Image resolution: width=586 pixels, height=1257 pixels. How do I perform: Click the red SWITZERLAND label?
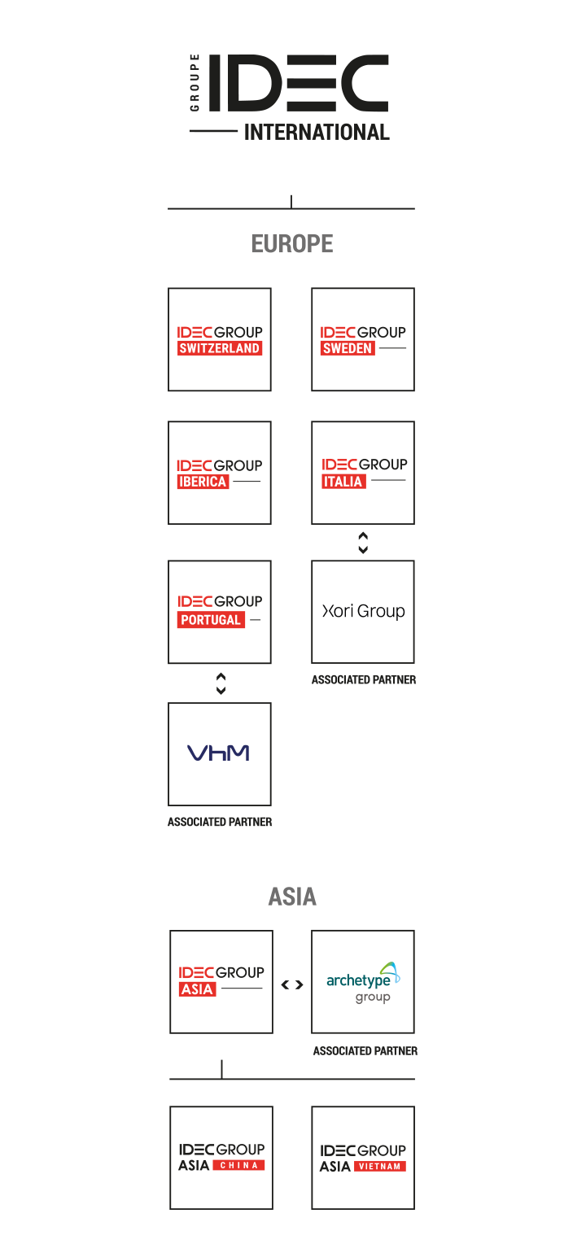(x=220, y=348)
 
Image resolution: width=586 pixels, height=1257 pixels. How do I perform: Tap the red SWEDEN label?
(x=348, y=348)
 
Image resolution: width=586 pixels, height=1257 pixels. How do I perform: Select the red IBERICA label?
(x=203, y=482)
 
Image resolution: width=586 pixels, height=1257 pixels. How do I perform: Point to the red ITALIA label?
(x=343, y=482)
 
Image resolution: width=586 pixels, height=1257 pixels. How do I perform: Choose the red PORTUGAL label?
(x=210, y=620)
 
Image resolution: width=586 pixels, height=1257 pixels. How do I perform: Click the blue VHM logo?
(x=218, y=753)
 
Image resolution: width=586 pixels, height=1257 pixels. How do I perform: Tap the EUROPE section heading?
(x=291, y=243)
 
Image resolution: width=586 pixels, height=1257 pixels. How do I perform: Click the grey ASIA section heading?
(x=292, y=897)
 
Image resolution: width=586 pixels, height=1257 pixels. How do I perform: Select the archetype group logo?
(x=363, y=983)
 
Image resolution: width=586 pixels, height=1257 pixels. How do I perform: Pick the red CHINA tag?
(x=239, y=1165)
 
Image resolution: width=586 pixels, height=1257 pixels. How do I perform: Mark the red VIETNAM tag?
(x=380, y=1166)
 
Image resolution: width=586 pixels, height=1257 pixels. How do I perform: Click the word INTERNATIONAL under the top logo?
(x=317, y=132)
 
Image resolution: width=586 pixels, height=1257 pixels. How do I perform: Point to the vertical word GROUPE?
(x=195, y=84)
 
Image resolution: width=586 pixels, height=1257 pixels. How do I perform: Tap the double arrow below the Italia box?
(x=363, y=543)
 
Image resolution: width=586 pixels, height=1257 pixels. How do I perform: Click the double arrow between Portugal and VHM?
(x=220, y=683)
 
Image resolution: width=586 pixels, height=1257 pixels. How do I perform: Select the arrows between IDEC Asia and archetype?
(x=292, y=984)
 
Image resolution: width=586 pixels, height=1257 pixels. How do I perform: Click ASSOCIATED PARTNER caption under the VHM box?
(x=220, y=822)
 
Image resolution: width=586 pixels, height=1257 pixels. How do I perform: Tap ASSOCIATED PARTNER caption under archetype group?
(x=364, y=1051)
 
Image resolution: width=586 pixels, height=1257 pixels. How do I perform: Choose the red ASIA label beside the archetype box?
(x=198, y=989)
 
